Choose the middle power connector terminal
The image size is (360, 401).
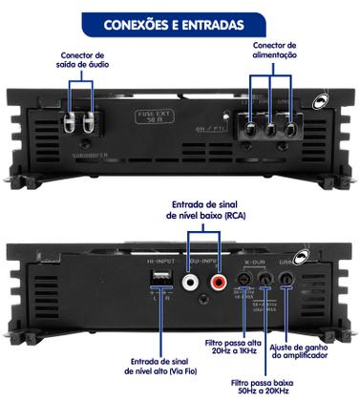272,130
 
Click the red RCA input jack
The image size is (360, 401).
219,282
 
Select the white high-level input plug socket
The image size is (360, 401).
159,279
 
